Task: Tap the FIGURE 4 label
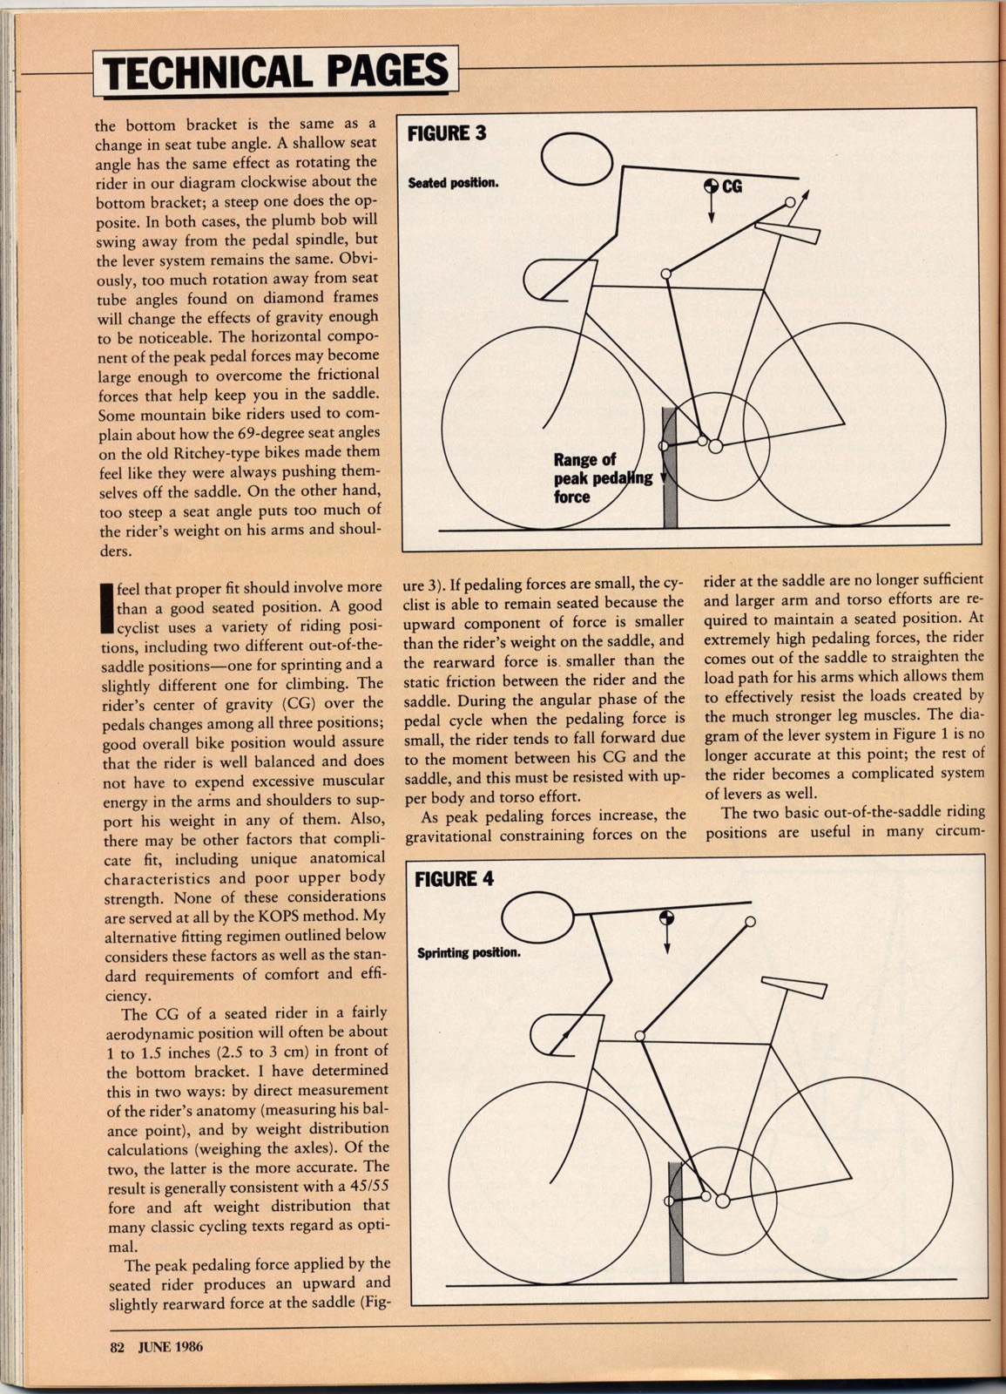pos(454,878)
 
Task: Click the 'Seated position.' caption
pos(453,184)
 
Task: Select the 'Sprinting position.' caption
pos(469,952)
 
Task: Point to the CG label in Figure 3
pos(733,186)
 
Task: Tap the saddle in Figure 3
pos(788,232)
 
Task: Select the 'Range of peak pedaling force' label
pos(601,478)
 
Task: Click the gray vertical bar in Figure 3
pos(670,470)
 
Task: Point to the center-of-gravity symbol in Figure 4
pos(666,918)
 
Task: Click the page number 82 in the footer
pos(118,1345)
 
